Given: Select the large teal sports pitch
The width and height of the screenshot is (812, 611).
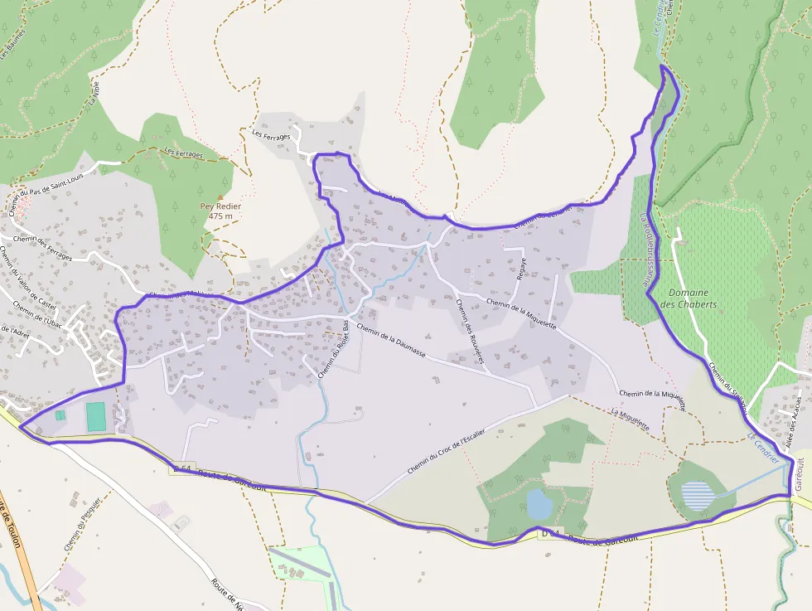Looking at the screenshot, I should click(96, 416).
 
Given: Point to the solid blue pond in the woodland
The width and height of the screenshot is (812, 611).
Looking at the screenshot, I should click(538, 502).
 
